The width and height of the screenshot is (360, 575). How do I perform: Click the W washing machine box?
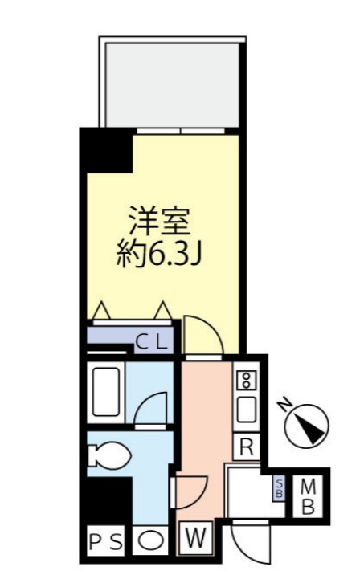point(196,538)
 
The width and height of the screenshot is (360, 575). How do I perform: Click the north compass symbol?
point(309,426)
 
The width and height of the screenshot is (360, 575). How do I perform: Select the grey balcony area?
point(170,82)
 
